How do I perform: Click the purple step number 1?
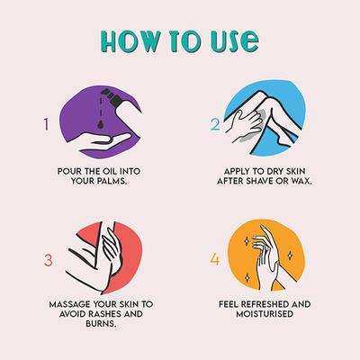coord(46,124)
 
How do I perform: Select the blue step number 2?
coord(215,124)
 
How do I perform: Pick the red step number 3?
coord(49,260)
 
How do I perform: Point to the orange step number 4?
coord(214,259)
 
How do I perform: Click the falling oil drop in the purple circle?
coord(100,125)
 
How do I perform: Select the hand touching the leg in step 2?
coord(244,125)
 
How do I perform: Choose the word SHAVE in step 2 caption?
coord(261,182)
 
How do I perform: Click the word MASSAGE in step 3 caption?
coord(69,304)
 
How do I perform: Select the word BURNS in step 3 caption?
coord(101,324)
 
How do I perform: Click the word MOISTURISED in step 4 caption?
coord(265,314)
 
